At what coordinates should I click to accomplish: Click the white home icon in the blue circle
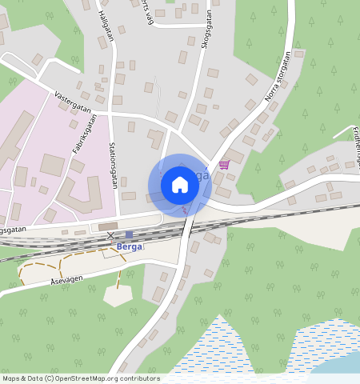click(x=180, y=185)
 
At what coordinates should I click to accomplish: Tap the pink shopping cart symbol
click(x=224, y=164)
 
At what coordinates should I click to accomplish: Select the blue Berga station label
click(x=129, y=246)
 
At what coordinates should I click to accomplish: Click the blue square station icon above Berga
click(x=129, y=234)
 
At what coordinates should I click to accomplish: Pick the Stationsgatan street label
click(x=113, y=165)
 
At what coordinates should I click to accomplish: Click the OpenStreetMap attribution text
click(x=81, y=378)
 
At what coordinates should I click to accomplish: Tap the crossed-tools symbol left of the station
click(x=111, y=235)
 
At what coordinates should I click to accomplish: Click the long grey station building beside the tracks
click(x=113, y=226)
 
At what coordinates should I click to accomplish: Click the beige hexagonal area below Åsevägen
click(x=118, y=294)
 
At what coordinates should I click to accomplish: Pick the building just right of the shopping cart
click(x=236, y=156)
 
